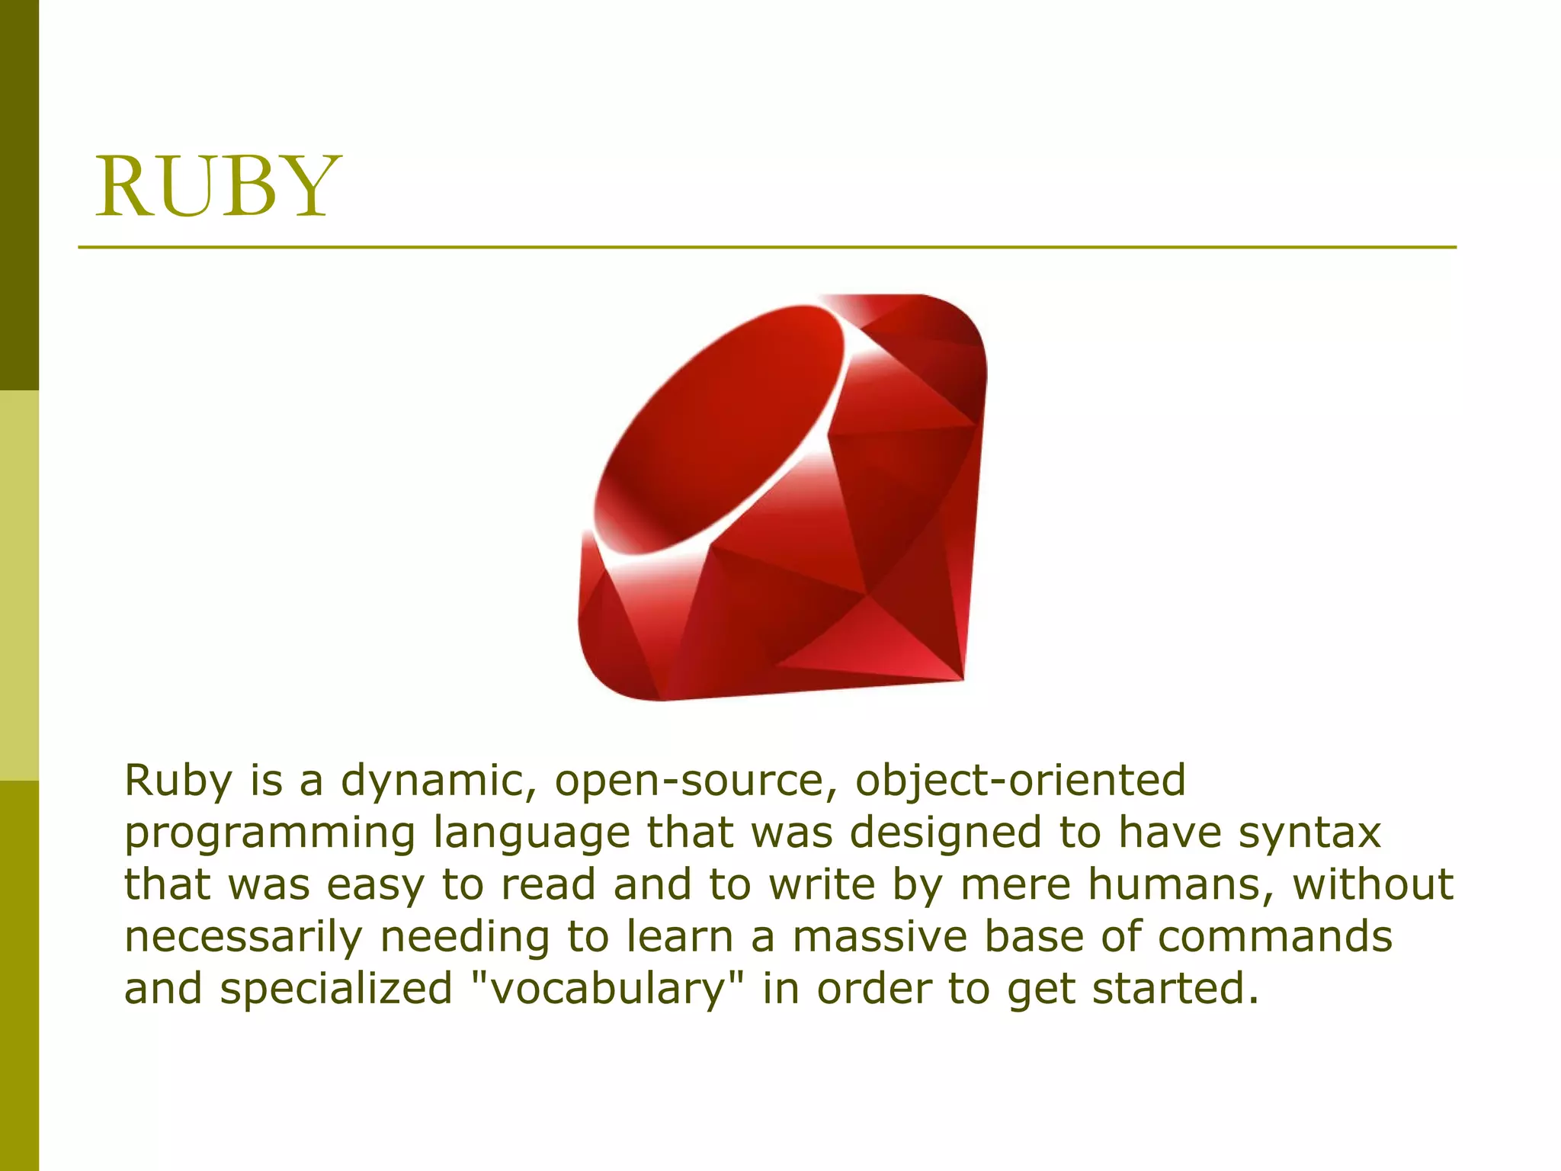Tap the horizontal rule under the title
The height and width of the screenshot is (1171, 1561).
(x=767, y=248)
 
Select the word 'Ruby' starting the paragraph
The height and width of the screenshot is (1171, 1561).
(x=178, y=781)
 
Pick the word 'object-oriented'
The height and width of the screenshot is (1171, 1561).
(x=1021, y=781)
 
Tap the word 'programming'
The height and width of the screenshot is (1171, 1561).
(x=270, y=833)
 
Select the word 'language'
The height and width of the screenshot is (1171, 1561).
(x=531, y=833)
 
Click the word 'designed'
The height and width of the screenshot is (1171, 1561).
(x=945, y=833)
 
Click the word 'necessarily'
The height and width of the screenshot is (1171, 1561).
(x=243, y=936)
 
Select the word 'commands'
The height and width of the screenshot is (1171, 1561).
(x=1274, y=936)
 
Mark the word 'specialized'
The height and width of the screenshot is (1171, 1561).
(x=336, y=989)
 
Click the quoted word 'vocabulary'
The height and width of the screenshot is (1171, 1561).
(x=606, y=989)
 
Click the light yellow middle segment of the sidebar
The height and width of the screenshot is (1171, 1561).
(x=19, y=585)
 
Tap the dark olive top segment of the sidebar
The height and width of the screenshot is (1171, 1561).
(x=19, y=194)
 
